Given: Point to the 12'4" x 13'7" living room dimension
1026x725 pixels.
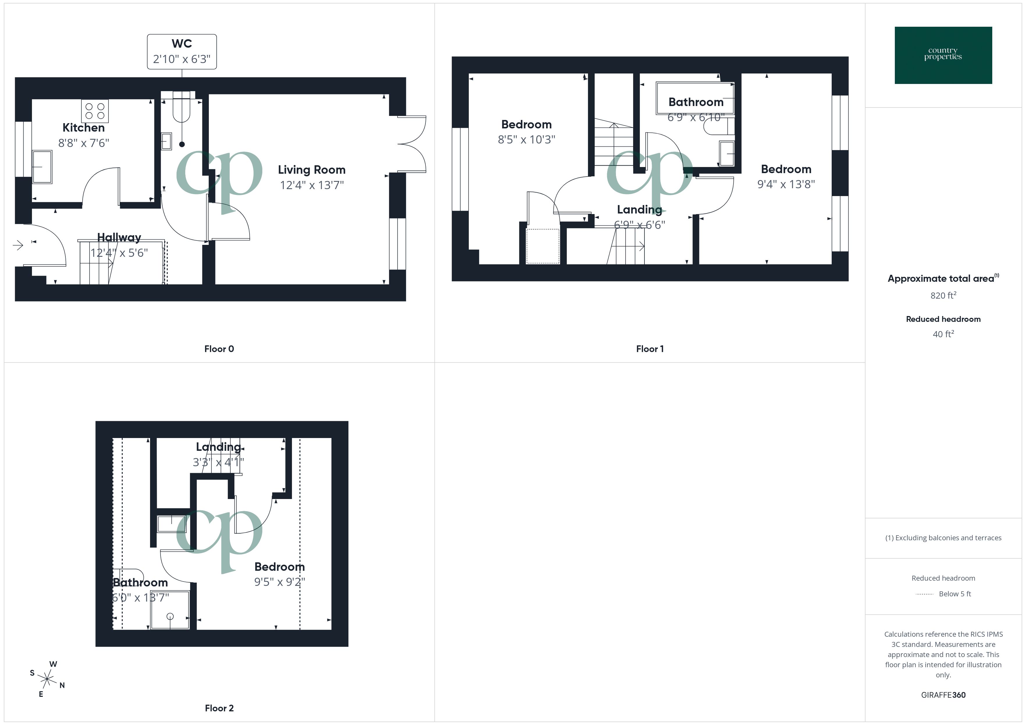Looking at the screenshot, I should pos(311,185).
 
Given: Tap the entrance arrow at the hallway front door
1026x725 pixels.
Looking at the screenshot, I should pos(18,245).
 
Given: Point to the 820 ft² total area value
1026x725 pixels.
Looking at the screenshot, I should pos(943,295).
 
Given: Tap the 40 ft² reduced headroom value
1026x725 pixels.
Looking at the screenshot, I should pos(943,334).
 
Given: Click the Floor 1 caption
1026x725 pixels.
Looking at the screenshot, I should pos(649,349).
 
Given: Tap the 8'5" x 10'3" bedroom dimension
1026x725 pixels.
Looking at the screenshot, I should pos(526,139).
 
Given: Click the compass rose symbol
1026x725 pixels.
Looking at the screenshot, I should pos(47,679).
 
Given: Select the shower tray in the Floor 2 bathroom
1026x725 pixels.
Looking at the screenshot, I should pos(170,610).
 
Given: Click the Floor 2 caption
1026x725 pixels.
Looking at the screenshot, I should pos(219,708).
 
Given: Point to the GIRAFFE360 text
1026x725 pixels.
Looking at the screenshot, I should pos(943,695).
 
